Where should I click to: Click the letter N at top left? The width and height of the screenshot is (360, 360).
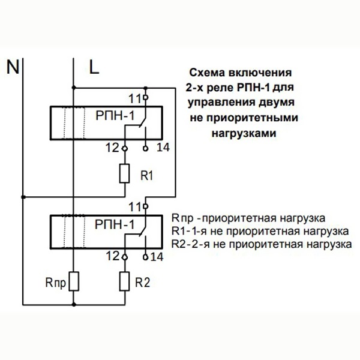tap(11, 66)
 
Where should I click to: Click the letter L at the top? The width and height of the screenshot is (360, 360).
tap(94, 66)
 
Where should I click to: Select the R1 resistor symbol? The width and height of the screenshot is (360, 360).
tap(125, 173)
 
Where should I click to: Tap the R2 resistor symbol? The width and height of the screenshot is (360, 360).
tap(125, 280)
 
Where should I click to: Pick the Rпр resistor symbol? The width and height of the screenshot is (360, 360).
tap(73, 280)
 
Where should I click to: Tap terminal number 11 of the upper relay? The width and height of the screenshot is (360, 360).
tap(136, 97)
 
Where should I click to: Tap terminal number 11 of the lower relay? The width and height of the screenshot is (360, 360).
tap(134, 206)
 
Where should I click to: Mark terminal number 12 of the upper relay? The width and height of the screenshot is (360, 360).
tap(112, 147)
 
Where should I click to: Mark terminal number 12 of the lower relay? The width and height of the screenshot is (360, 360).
tap(112, 256)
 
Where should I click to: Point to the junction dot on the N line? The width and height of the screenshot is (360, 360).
tap(23, 196)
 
